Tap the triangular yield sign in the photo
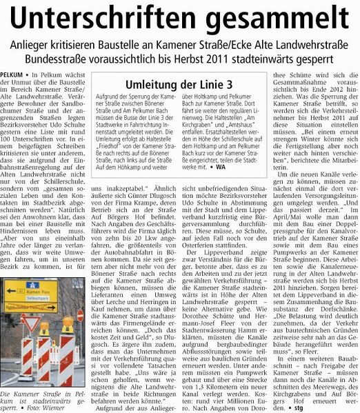point(30,325)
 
